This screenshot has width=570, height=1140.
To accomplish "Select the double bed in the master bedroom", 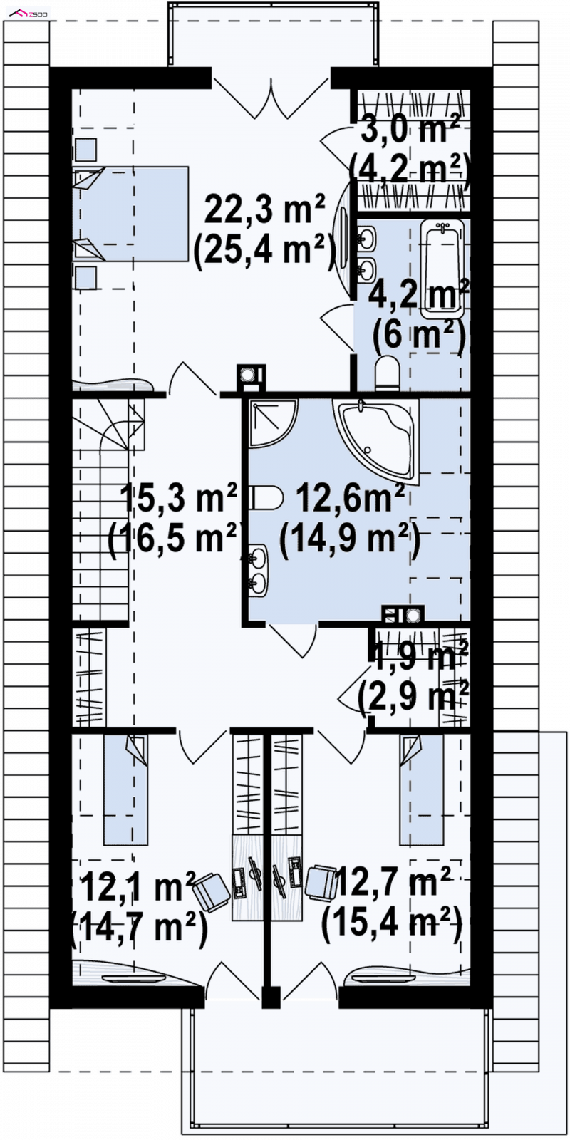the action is click(131, 214).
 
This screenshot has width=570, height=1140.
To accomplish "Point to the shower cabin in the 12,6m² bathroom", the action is click(273, 423).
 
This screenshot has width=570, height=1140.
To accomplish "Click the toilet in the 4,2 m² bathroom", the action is click(388, 373).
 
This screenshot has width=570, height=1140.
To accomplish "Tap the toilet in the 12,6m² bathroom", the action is click(267, 498).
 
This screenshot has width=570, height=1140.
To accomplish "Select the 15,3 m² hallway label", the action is click(180, 497).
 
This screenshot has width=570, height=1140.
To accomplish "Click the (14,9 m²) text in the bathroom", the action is click(351, 539).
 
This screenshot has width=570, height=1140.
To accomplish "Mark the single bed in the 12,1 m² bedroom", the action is click(125, 789).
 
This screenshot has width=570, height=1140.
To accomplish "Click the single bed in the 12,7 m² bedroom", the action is click(421, 789).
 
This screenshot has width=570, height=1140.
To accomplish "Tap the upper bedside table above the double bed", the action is click(85, 150).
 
